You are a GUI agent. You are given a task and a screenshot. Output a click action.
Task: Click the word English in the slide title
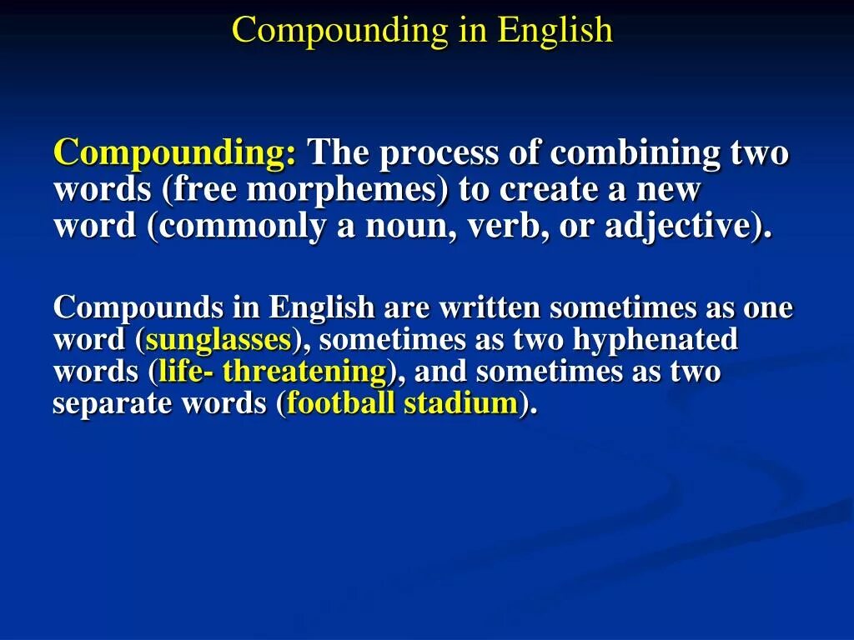[555, 31]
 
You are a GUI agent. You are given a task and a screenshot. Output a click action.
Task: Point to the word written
[490, 307]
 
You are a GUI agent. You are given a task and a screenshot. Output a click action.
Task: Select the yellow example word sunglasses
[218, 340]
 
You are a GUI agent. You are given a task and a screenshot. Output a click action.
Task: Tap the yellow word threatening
[304, 372]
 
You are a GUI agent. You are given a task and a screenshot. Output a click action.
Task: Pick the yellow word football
[341, 403]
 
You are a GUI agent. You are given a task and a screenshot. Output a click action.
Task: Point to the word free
[203, 191]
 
